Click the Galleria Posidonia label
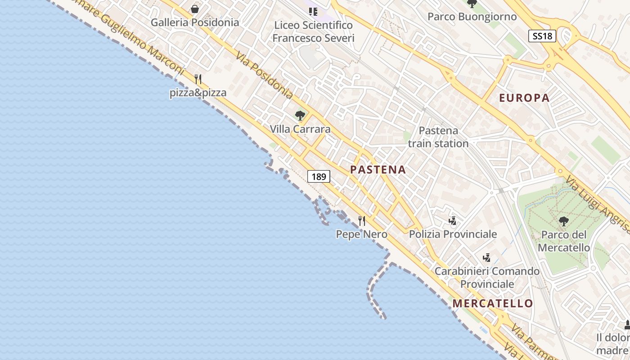tap(194, 22)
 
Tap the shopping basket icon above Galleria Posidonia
tap(195, 9)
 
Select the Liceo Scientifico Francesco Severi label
tap(313, 31)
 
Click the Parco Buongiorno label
tap(472, 17)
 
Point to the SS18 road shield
tap(542, 36)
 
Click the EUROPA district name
tap(524, 98)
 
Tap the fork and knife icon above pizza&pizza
tap(198, 79)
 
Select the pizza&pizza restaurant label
tap(198, 93)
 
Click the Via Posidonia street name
tap(265, 75)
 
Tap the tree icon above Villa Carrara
tap(300, 116)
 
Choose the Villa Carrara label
tap(300, 129)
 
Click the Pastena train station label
tap(438, 137)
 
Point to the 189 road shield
tap(319, 176)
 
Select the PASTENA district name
tap(378, 170)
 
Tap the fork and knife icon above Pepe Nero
tap(362, 220)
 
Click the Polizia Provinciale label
tap(453, 234)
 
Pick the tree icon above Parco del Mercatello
tap(563, 221)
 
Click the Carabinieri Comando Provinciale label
tap(487, 278)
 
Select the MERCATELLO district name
tap(493, 303)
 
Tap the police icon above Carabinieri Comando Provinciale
tap(486, 258)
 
